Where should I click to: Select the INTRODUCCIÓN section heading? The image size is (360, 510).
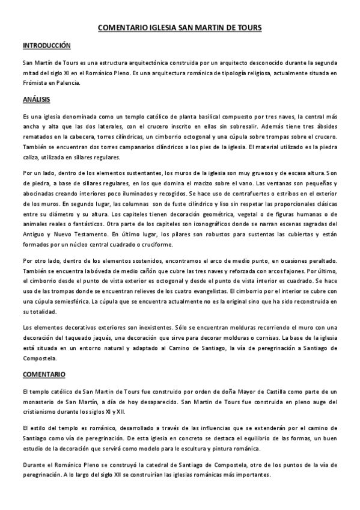pos(46,46)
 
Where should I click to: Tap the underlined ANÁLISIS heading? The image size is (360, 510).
pos(36,99)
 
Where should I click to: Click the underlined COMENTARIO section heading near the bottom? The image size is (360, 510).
pos(44,375)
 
